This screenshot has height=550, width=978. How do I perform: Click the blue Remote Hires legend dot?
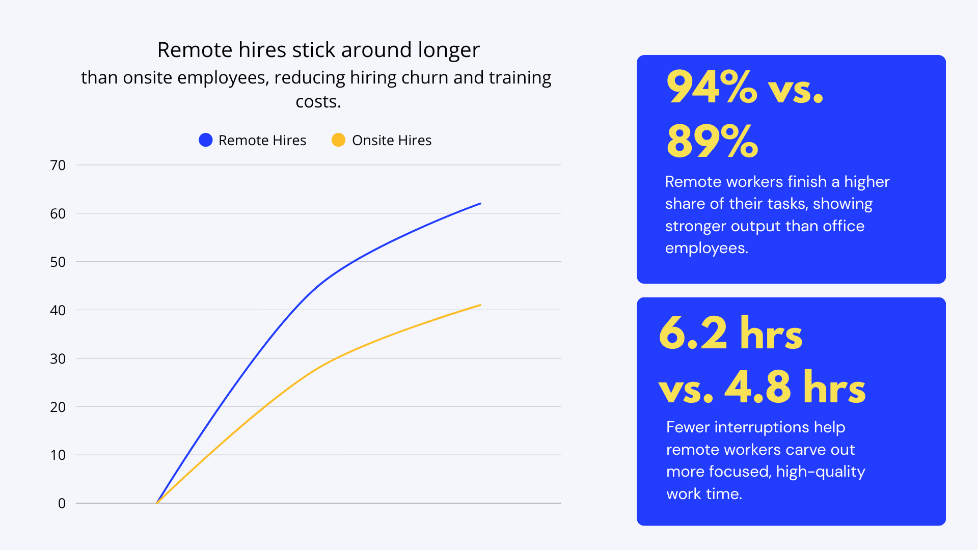coord(205,140)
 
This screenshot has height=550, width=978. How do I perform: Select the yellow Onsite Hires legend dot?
coord(338,140)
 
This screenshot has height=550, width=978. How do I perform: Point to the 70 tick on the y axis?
coord(58,165)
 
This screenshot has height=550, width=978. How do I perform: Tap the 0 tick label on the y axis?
coord(62,503)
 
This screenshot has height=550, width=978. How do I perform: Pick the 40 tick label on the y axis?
coord(58,310)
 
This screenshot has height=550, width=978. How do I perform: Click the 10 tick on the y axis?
coord(58,455)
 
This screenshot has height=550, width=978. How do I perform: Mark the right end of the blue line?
coord(480,204)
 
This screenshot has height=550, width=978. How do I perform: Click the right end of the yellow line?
coord(480,305)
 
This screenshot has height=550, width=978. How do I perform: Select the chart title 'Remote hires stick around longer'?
coord(318,50)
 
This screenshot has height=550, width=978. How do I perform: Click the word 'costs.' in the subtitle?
coord(318,102)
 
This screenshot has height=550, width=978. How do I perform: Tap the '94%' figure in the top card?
coord(712,88)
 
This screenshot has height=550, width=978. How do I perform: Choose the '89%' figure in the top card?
coord(712,141)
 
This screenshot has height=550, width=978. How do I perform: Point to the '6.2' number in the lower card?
coord(693,333)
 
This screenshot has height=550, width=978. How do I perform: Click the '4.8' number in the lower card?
coord(757,387)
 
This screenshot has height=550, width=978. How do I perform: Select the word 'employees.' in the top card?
coord(707,248)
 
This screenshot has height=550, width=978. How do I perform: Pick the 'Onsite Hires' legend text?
coord(392,140)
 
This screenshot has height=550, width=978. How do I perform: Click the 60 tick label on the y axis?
coord(58,213)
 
